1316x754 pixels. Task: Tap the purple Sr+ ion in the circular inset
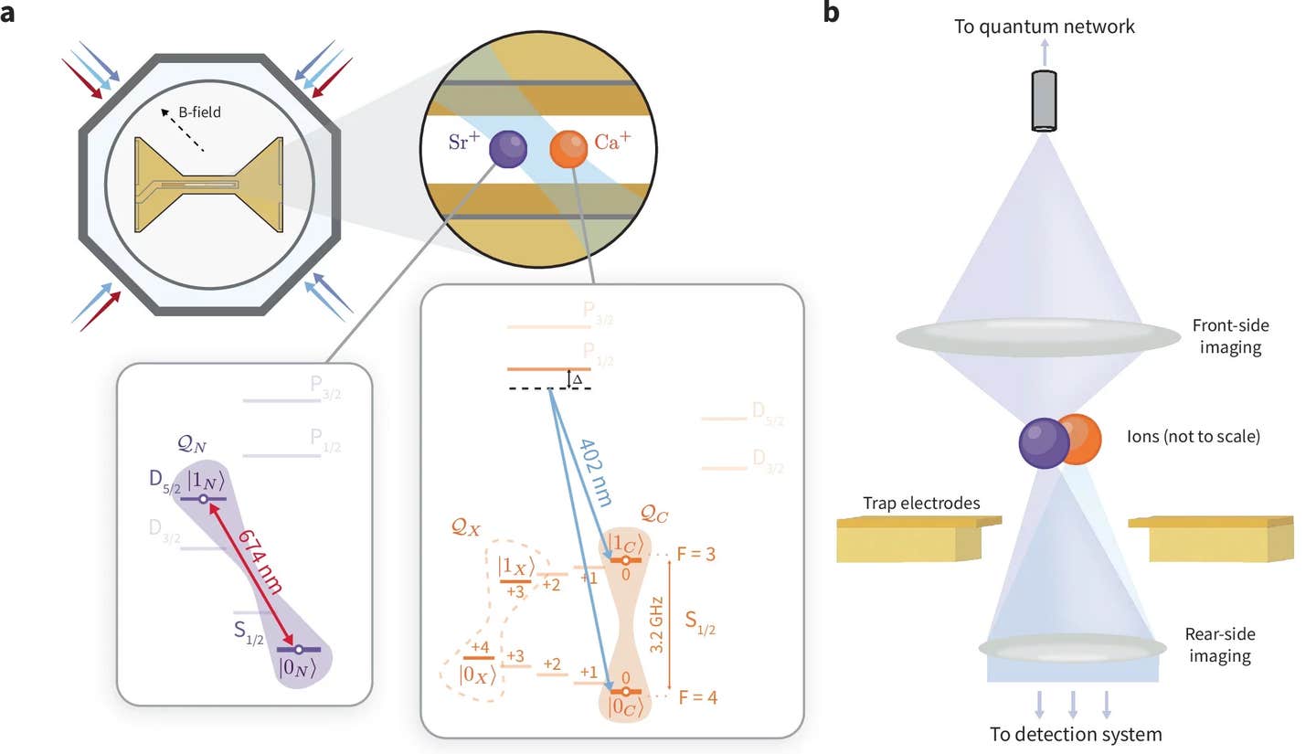click(x=508, y=148)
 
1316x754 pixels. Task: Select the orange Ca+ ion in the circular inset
click(x=568, y=148)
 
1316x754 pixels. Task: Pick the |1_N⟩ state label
click(x=204, y=479)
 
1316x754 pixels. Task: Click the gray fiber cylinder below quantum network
click(x=1043, y=100)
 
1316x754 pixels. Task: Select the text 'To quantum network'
click(x=1043, y=27)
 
